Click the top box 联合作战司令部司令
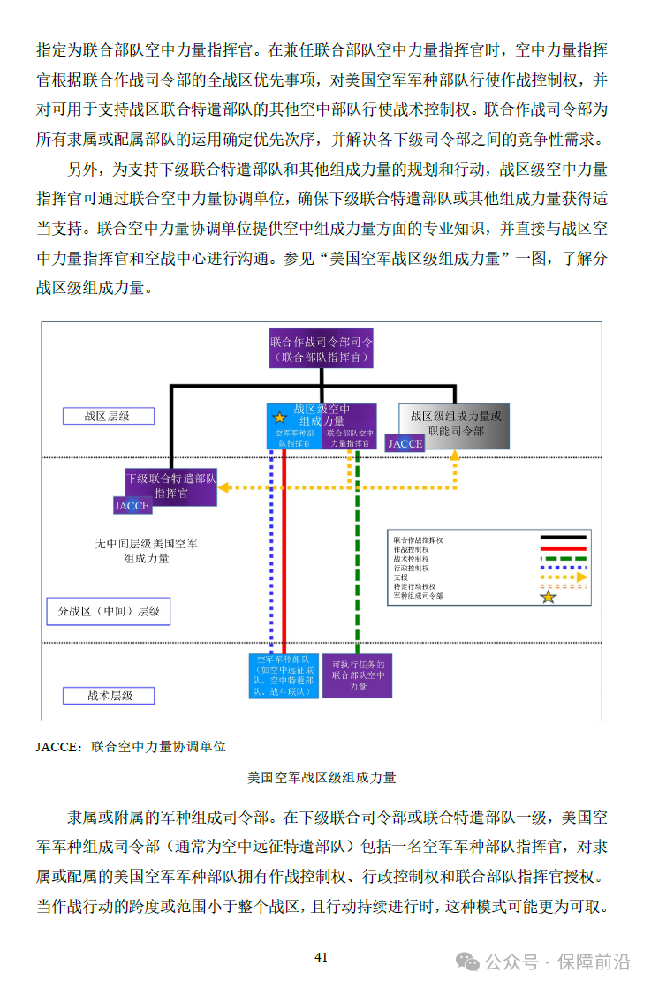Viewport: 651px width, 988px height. coord(322,349)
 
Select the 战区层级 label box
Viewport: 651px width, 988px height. coord(108,416)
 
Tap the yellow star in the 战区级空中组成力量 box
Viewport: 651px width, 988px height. coord(280,417)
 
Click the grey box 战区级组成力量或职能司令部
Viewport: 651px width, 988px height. coord(455,423)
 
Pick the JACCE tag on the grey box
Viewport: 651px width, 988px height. coord(405,443)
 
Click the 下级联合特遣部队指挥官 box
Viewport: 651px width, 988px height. coord(171,486)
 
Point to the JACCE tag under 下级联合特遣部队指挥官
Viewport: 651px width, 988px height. coord(132,506)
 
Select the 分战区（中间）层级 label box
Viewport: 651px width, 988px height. coord(109,611)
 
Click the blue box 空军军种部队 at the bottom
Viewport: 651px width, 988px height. coord(283,675)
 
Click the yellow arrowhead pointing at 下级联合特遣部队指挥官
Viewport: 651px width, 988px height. coord(223,486)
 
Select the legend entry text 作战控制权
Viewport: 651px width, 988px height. coord(412,549)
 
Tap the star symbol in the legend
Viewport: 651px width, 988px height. coord(549,597)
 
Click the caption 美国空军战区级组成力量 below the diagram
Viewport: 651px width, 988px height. coord(322,778)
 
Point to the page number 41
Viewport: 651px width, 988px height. coord(322,957)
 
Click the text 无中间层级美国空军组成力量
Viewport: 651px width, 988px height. coord(147,551)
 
